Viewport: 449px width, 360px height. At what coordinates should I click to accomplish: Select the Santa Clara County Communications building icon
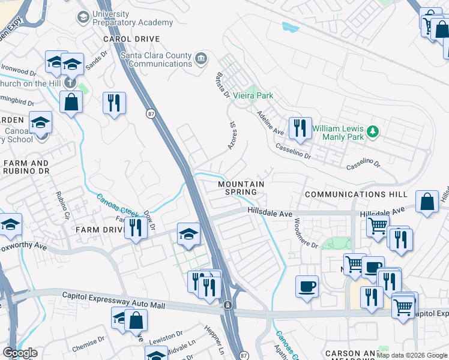(x=201, y=59)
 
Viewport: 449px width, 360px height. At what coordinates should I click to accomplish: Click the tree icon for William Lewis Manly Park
(x=373, y=131)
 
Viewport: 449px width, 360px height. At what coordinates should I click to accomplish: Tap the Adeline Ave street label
(x=270, y=122)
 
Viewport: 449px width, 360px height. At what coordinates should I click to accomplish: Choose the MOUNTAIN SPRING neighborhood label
(x=241, y=188)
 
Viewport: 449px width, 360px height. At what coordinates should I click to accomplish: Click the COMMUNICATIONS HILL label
(x=356, y=194)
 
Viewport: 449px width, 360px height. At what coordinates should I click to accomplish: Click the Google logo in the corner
(x=20, y=353)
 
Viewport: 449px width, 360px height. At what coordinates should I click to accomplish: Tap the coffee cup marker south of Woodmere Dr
(x=307, y=286)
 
